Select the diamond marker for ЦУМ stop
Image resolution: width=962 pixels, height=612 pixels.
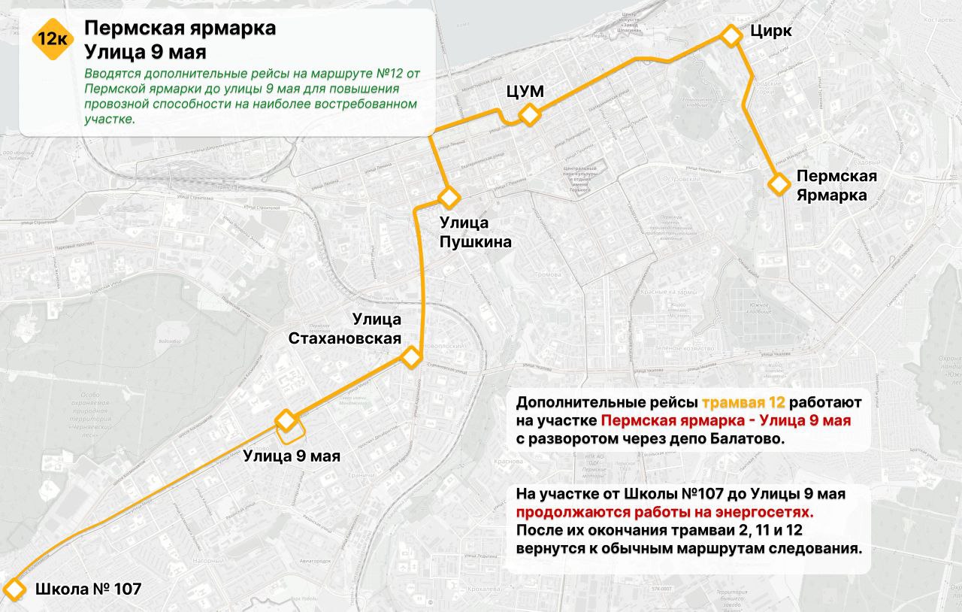(530, 115)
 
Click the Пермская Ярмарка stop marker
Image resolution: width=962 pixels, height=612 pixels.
(779, 183)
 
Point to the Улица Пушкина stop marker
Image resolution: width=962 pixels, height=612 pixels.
(449, 198)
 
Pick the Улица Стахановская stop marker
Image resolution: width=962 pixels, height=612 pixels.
(410, 357)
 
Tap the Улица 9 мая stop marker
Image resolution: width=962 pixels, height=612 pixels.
(286, 420)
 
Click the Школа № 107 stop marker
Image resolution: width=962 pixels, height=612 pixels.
(13, 589)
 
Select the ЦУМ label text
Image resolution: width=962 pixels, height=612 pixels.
(525, 91)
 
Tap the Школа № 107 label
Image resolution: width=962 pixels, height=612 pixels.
(88, 589)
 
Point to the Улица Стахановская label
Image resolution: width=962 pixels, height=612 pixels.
(345, 329)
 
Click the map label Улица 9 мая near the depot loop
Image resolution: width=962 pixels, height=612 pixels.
(292, 456)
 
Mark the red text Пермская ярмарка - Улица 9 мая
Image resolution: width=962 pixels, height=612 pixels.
(726, 420)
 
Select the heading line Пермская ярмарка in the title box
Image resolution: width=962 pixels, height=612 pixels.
(180, 29)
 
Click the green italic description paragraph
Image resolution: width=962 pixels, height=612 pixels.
(252, 96)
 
